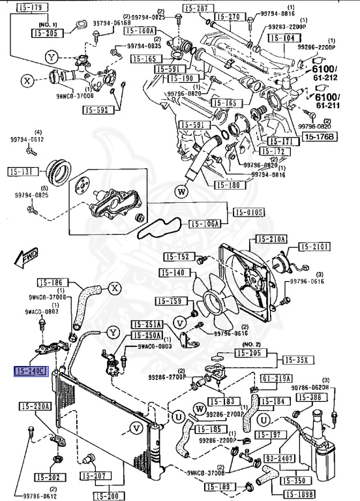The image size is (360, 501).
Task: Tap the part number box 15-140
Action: tap(172, 273)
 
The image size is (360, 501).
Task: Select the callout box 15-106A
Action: tap(205, 224)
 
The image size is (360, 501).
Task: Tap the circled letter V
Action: tap(136, 428)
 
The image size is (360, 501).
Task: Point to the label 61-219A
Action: tap(277, 378)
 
